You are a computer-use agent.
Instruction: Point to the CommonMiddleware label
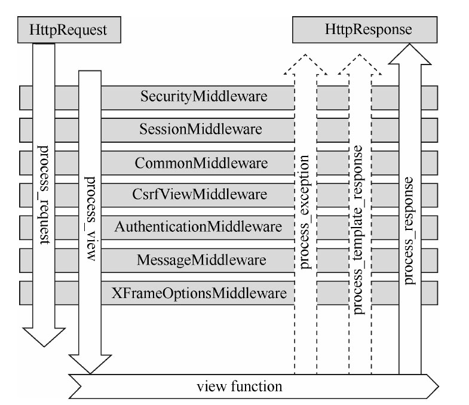pos(201,162)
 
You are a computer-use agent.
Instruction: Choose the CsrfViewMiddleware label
pos(201,194)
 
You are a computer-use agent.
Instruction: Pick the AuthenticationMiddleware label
pos(198,227)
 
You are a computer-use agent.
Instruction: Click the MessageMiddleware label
pos(201,260)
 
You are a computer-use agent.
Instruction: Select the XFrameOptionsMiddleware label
pos(199,293)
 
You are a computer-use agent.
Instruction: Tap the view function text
pos(240,386)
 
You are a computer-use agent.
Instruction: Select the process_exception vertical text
pos(305,211)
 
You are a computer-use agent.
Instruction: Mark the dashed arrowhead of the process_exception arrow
pos(305,64)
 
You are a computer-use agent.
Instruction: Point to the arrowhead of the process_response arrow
pos(409,55)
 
